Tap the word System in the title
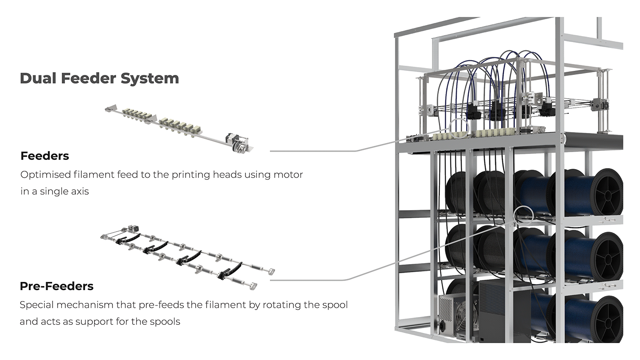[x=149, y=78]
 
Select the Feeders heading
[x=45, y=156]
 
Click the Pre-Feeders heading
[x=57, y=286]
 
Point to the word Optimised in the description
[x=44, y=175]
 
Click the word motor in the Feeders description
[x=288, y=175]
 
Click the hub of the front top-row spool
[x=608, y=192]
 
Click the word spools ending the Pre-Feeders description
[x=165, y=322]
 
